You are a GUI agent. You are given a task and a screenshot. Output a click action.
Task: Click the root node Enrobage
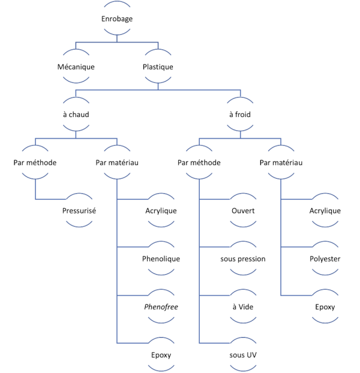pos(117,19)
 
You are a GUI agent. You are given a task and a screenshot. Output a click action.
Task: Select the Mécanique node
pos(76,67)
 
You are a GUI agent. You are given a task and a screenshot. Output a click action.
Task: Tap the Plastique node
pos(158,67)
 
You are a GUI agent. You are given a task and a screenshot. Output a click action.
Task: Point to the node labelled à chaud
pos(76,115)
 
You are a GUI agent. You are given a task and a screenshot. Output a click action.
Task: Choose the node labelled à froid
pos(240,115)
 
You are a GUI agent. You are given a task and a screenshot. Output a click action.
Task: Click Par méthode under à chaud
pos(35,163)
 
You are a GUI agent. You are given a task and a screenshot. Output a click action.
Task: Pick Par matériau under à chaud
pos(117,163)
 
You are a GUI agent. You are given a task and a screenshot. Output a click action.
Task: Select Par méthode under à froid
pos(199,163)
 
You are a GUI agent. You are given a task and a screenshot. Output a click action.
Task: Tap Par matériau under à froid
pos(280,163)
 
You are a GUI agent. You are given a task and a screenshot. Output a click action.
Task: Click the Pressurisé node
pos(79,210)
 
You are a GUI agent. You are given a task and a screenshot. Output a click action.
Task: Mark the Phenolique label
pos(161,259)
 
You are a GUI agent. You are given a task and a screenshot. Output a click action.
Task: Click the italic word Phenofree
pos(161,307)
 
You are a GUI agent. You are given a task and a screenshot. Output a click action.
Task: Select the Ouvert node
pos(243,210)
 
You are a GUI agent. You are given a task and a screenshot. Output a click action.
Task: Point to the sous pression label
pos(243,259)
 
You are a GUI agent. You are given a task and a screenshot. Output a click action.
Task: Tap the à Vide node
pos(243,307)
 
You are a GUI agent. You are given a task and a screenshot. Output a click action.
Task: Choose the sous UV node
pos(243,355)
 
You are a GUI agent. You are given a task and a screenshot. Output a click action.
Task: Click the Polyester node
pos(325,259)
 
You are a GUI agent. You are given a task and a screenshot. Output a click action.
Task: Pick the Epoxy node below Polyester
pos(325,307)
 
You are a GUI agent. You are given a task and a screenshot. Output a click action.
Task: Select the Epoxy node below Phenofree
pos(161,355)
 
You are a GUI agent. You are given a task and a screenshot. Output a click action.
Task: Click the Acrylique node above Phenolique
pos(161,210)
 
